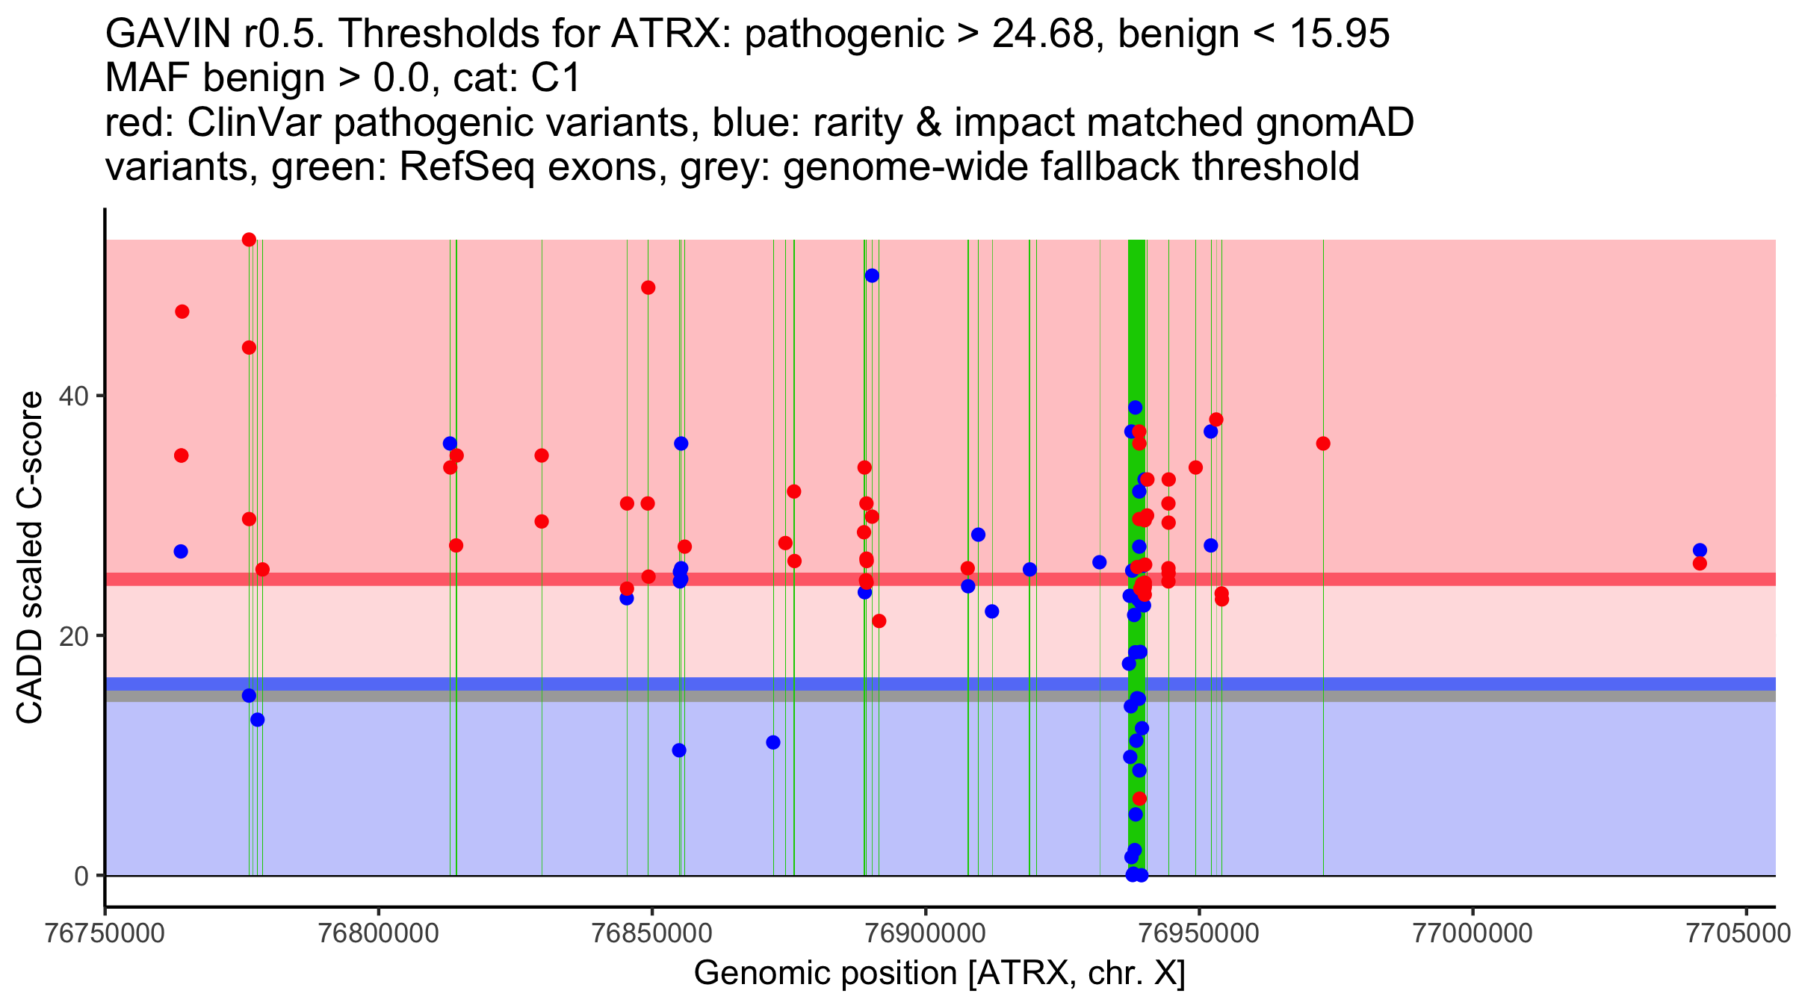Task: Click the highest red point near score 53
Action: [249, 240]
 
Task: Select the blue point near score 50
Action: [872, 276]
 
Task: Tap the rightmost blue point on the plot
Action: [1700, 550]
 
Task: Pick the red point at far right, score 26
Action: [1700, 564]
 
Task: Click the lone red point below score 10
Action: [1139, 799]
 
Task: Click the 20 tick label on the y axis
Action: [79, 635]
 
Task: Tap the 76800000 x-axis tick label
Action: [378, 933]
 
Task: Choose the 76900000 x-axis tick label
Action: [926, 933]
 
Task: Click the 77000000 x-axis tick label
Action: [1473, 933]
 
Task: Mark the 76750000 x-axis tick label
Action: [105, 933]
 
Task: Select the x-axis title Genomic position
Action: [939, 974]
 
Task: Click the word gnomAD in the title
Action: [1334, 123]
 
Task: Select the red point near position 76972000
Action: [1323, 444]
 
